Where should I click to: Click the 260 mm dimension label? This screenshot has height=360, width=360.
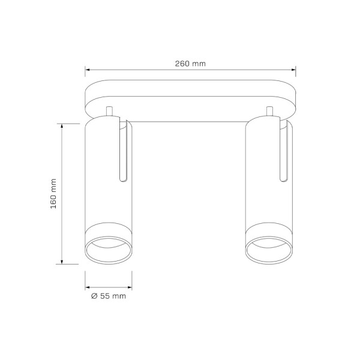tap(190, 64)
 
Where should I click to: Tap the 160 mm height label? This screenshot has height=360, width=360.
tap(53, 194)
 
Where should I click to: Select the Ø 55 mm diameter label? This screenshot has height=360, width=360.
tap(109, 296)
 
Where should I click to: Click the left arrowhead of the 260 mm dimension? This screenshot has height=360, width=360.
tap(87, 70)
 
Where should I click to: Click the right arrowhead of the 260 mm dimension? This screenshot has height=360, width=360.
tap(293, 70)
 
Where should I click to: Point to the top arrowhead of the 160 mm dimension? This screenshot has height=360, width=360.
tap(62, 126)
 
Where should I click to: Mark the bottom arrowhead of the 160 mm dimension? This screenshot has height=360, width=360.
tap(62, 262)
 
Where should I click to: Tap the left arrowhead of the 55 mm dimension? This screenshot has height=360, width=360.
tap(87, 287)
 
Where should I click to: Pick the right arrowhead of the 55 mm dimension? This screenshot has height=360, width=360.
tap(130, 287)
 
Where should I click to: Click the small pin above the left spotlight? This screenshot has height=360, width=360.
tap(109, 112)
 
